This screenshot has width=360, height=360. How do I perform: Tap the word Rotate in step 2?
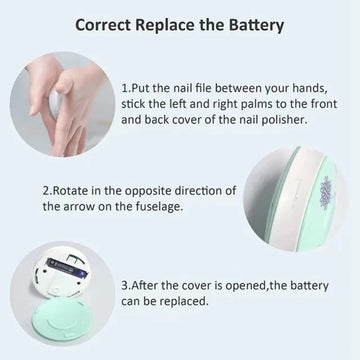click(x=70, y=189)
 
